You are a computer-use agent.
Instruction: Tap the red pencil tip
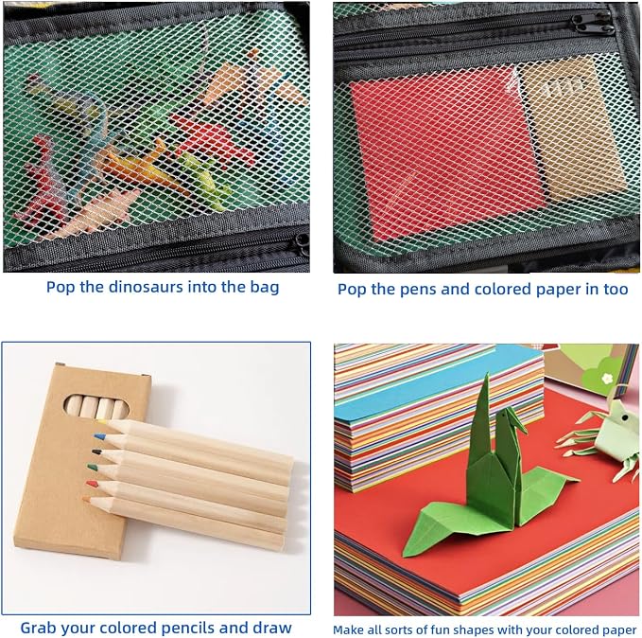[92, 484]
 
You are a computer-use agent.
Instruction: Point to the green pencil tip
[92, 467]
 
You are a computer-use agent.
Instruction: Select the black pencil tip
[96, 452]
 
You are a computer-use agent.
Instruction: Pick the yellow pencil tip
[102, 421]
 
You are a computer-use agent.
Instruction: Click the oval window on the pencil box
[96, 406]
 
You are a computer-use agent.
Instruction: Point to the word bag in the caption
[265, 287]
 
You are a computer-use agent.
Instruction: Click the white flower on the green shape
[607, 378]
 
